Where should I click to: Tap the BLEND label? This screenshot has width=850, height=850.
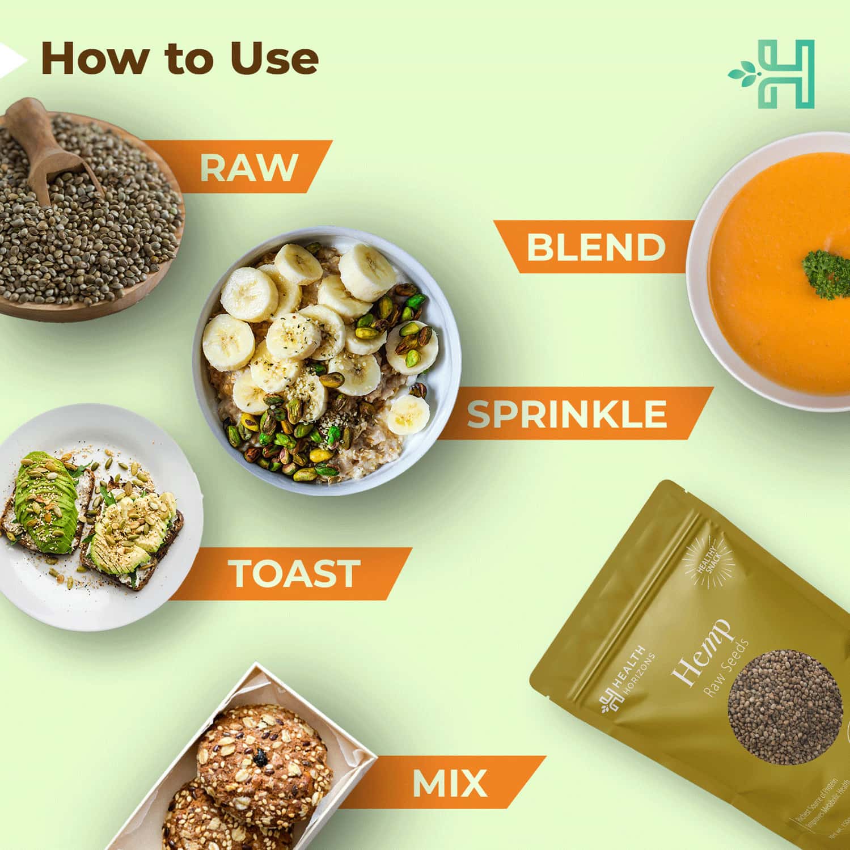[595, 247]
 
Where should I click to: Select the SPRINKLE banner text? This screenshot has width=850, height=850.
[566, 413]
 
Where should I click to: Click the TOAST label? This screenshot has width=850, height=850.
[294, 573]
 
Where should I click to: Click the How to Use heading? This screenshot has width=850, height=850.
[179, 58]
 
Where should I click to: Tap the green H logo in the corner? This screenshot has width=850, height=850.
[773, 74]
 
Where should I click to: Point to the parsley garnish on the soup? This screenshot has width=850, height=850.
[827, 273]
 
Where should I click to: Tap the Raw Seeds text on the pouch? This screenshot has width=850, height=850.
[726, 669]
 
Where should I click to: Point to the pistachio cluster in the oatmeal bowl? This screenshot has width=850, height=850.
[284, 442]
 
